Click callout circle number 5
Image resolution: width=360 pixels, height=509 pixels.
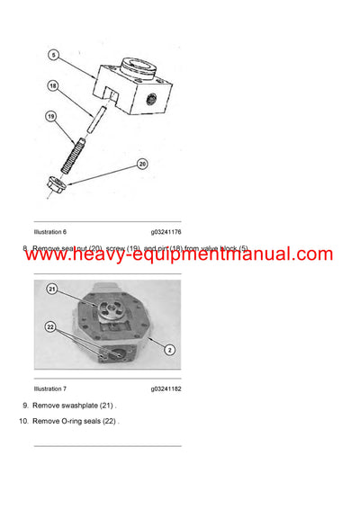click(x=54, y=55)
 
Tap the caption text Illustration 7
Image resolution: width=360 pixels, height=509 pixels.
click(x=50, y=389)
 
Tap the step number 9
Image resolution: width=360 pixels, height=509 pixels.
click(x=25, y=406)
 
